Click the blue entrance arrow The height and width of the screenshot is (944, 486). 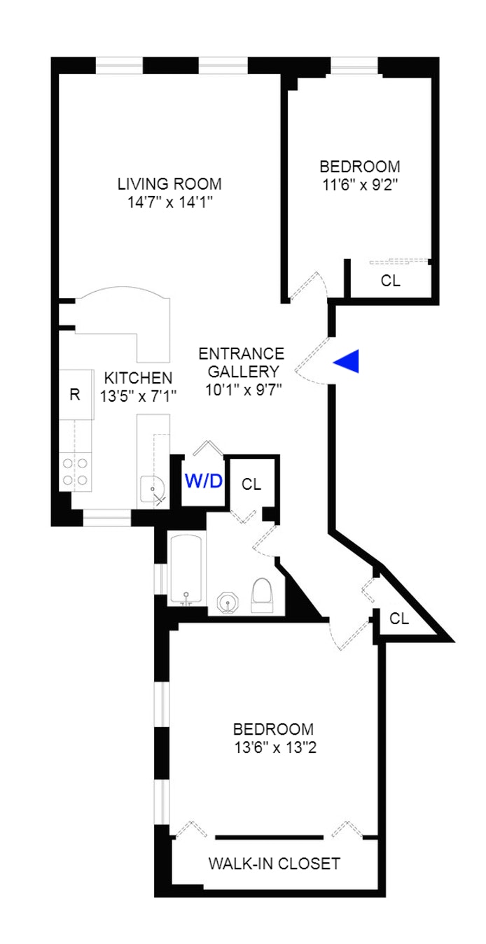point(347,361)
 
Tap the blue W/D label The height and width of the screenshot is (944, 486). point(204,481)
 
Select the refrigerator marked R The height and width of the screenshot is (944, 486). point(74,394)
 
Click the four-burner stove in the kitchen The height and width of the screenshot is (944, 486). point(75,471)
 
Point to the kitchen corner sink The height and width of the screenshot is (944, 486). point(151,488)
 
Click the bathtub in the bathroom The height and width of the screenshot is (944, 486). point(187,568)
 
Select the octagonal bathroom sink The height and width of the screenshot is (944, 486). point(228,603)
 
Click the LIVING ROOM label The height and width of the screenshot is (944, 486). point(169,184)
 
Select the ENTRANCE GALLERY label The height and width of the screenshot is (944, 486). point(242,362)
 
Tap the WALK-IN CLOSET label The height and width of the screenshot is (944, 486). point(274,864)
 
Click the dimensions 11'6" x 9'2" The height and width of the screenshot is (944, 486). point(361,185)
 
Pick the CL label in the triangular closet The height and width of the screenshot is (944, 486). point(399,619)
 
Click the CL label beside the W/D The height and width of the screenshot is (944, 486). point(251,484)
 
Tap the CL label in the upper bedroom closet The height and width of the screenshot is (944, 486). point(391,281)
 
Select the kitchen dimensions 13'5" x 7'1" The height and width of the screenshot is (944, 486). point(138,395)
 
